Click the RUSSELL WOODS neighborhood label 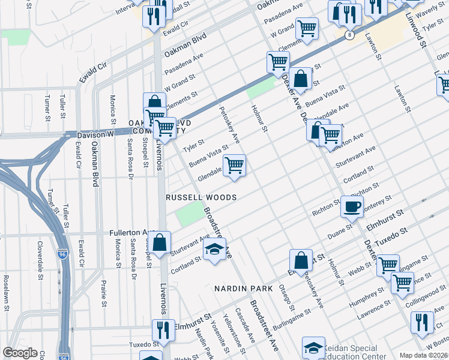tap(201, 197)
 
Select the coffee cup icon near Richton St tap(352, 207)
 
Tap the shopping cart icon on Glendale tap(234, 164)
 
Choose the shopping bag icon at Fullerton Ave tap(160, 244)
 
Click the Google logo tap(20, 353)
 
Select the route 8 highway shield tap(349, 35)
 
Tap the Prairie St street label tap(103, 283)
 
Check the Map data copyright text tap(423, 355)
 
